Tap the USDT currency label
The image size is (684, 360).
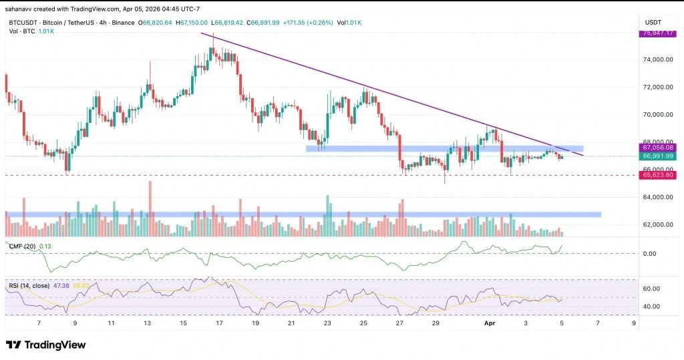[652, 22]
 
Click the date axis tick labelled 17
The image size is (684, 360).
[219, 322]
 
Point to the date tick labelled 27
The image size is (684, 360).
[399, 322]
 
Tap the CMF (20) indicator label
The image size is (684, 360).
[22, 246]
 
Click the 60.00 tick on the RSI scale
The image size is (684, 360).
[651, 289]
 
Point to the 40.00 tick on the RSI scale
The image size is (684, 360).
[651, 306]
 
